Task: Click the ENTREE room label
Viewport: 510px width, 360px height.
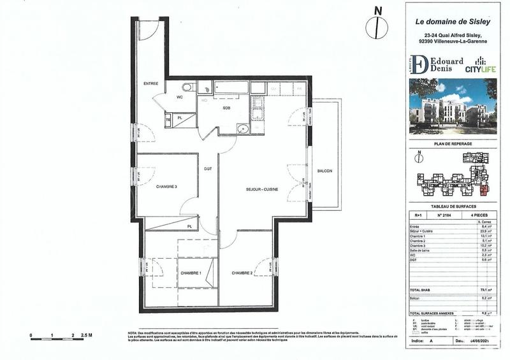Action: [x=150, y=83]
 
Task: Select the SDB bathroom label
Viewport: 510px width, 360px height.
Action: [x=226, y=108]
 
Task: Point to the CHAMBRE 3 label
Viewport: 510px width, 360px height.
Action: [x=166, y=187]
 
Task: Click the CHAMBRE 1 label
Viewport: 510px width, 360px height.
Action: [x=190, y=273]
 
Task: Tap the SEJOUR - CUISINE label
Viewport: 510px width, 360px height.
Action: [x=262, y=190]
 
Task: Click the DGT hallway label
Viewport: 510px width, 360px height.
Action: [x=208, y=169]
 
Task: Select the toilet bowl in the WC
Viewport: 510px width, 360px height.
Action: [x=186, y=88]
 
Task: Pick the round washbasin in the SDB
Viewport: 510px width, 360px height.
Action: [x=240, y=130]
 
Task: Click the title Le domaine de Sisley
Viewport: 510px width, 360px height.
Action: [x=451, y=23]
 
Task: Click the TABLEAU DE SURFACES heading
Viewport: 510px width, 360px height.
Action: [x=452, y=207]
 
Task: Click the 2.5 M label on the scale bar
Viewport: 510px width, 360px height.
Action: [x=86, y=335]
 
